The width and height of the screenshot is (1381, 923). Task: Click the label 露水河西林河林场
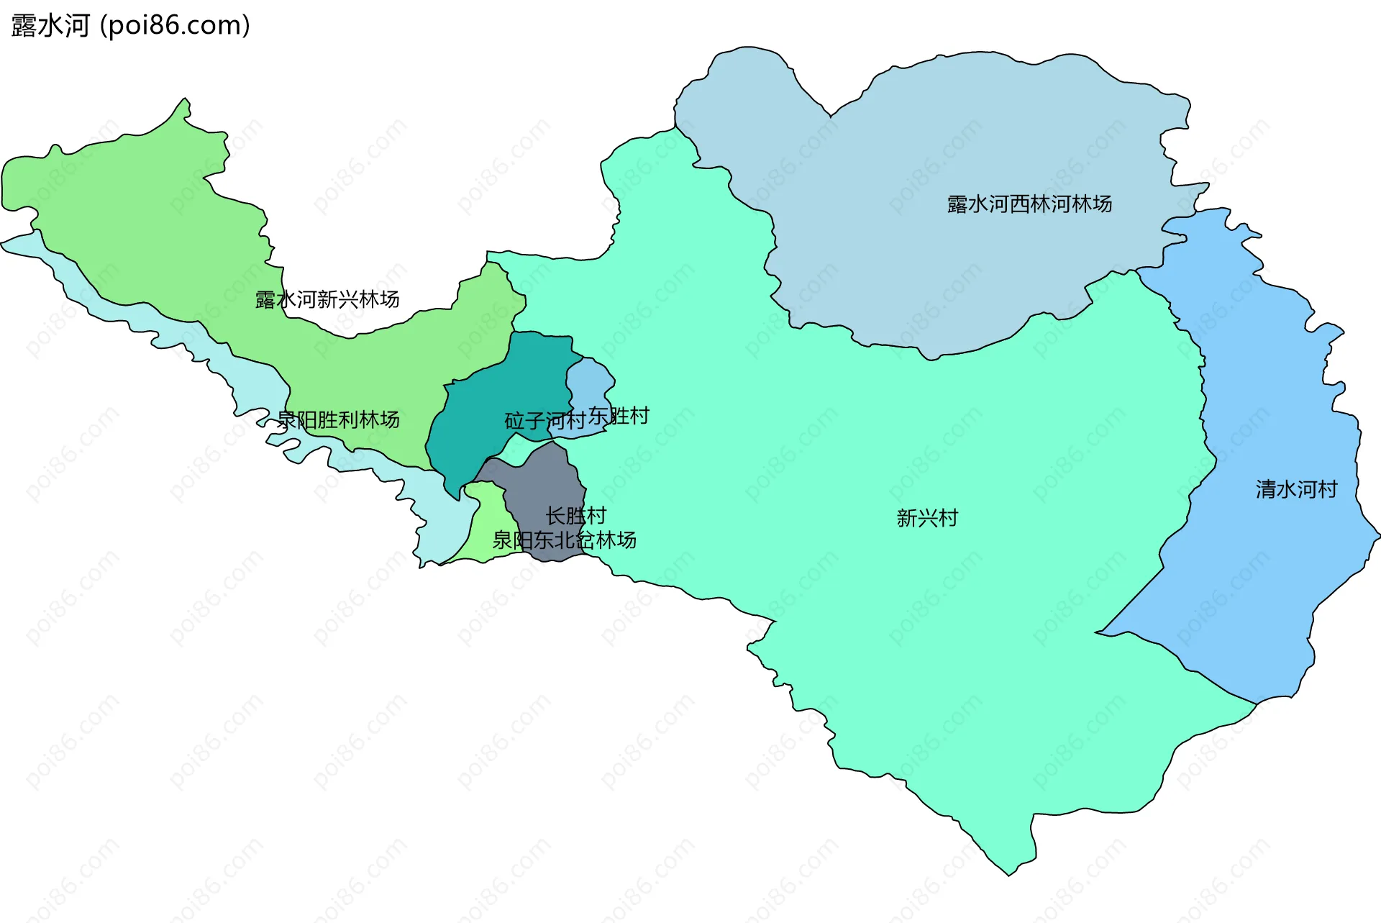coord(1029,204)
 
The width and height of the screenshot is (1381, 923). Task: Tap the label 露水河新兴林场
coord(327,299)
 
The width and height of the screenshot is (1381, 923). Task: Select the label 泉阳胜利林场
coord(338,419)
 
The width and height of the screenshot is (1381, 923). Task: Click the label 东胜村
coord(619,416)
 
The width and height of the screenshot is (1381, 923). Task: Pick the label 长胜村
coord(575,516)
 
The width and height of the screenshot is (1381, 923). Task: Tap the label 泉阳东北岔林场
coord(564,540)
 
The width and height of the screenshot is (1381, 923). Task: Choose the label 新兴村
coord(927,518)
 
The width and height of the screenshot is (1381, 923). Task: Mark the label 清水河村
coord(1296,490)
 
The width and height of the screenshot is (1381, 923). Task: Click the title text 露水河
coord(50,26)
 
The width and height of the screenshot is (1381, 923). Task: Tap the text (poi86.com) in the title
coord(176,26)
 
